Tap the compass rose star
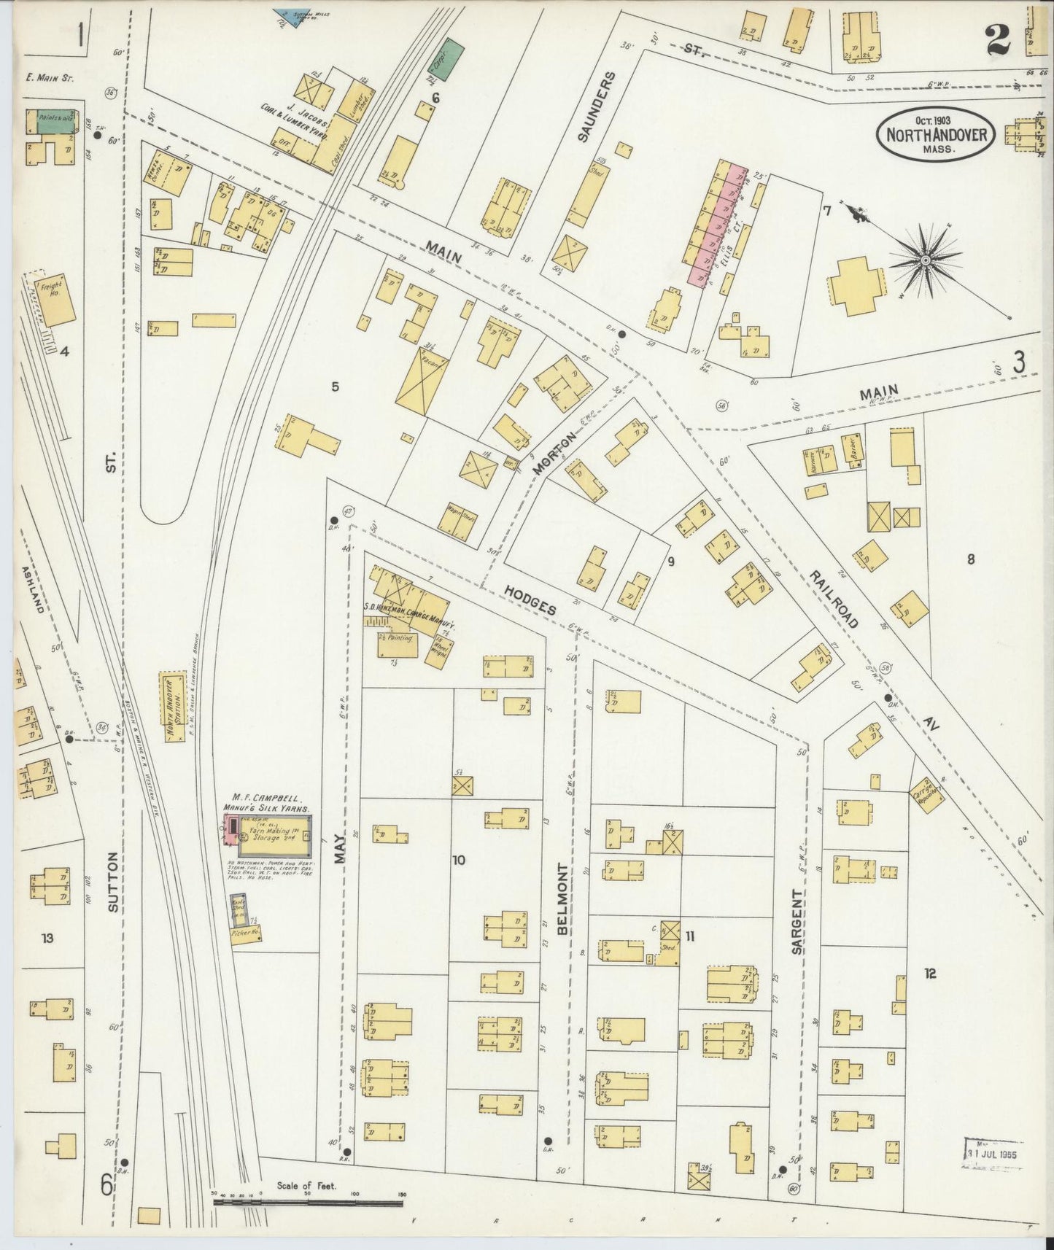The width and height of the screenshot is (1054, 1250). coord(925,258)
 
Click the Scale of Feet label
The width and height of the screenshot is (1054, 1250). coord(306,1186)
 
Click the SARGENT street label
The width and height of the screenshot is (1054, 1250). coord(797,922)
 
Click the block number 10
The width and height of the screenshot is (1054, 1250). coord(458,860)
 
